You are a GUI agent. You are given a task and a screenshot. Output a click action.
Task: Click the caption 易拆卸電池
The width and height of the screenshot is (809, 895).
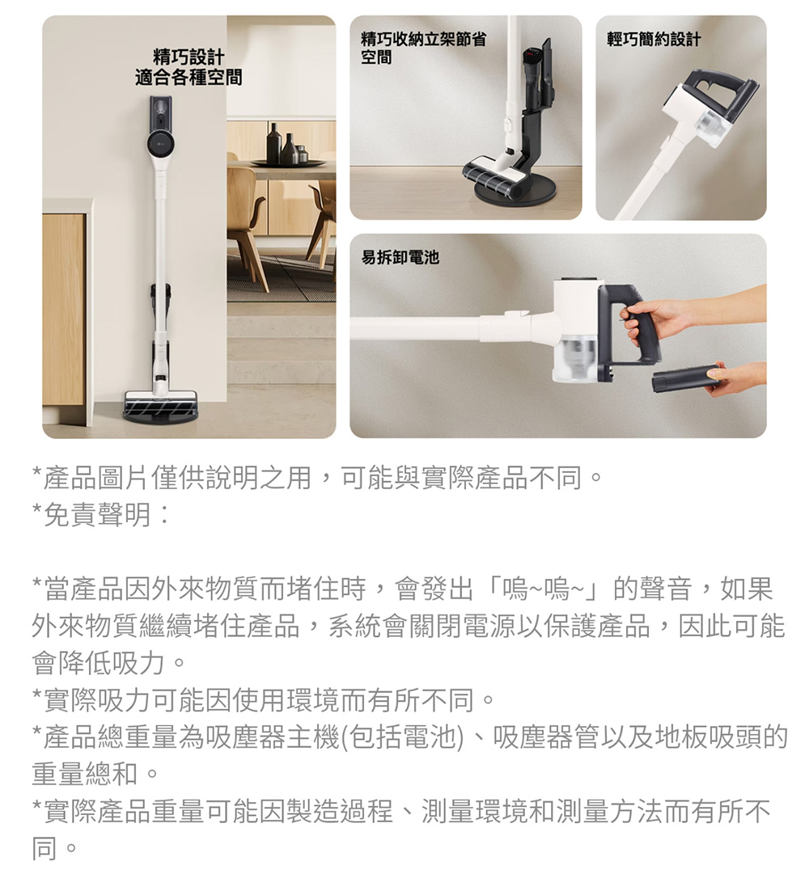400,257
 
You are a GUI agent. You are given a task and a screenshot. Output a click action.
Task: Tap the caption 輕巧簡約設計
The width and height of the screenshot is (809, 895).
654,40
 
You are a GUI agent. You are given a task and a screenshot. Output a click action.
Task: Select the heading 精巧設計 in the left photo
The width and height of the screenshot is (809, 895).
188,57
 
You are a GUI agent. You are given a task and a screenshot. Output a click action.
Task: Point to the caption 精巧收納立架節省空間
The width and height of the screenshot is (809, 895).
423,48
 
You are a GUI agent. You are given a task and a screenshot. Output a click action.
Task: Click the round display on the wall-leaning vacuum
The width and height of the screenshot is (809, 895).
160,142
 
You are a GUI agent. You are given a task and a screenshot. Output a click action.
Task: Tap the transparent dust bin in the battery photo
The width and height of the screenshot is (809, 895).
578,358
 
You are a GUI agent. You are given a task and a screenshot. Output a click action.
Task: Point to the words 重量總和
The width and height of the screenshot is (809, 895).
85,774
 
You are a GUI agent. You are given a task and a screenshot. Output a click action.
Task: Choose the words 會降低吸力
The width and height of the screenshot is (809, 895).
99,663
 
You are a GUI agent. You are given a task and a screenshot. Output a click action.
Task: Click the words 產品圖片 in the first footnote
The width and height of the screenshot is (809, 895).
97,479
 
